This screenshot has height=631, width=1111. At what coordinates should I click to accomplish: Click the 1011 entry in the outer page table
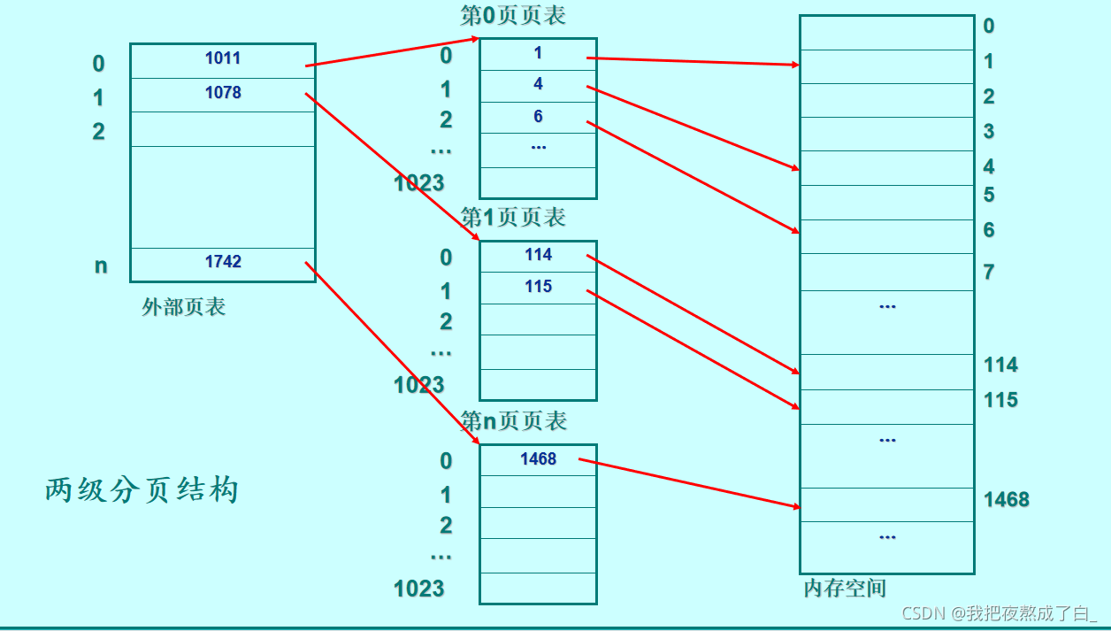point(223,59)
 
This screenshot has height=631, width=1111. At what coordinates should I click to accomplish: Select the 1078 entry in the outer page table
point(223,93)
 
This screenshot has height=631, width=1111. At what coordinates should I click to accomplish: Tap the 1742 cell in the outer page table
point(223,262)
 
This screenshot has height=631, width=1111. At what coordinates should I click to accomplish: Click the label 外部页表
point(184,307)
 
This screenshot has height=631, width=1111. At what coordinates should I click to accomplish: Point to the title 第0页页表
point(513,15)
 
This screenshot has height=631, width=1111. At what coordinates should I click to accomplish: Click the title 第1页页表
point(513,218)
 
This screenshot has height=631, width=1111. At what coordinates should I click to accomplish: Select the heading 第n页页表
point(513,421)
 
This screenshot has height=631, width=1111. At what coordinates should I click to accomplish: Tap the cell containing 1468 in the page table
point(538,458)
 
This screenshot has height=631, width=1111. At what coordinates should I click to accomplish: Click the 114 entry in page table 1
point(538,255)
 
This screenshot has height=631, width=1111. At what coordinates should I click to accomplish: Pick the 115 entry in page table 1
point(538,287)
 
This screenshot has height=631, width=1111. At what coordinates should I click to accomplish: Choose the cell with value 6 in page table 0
point(538,117)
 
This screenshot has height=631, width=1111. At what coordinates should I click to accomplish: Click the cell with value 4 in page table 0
point(538,85)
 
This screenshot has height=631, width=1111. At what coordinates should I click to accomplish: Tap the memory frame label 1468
point(1007,500)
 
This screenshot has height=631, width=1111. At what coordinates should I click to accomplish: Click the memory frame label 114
point(1000,365)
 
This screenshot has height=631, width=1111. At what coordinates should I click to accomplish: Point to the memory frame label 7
point(989,273)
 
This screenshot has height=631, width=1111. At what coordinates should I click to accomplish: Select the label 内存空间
point(845,589)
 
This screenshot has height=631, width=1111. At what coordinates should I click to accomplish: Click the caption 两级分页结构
point(142,489)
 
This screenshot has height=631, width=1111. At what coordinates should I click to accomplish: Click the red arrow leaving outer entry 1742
point(389,350)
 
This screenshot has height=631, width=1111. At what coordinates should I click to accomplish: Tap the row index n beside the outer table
point(101,265)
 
